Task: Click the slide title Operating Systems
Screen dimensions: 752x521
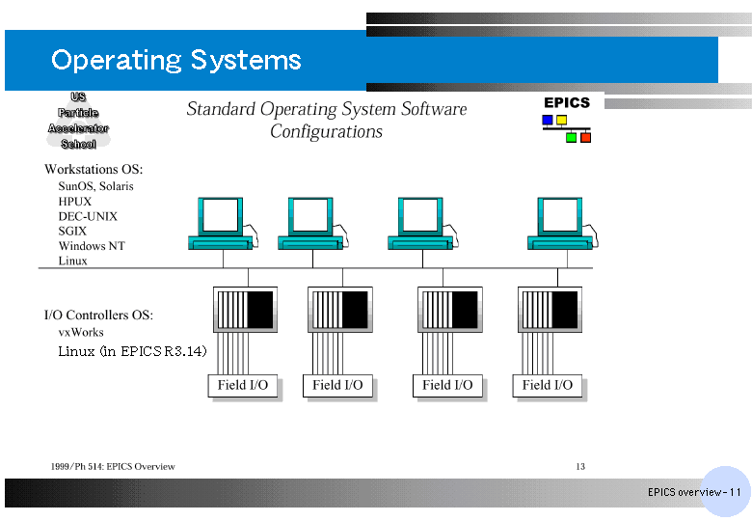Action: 176,61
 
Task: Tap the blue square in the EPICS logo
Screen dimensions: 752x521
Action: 548,120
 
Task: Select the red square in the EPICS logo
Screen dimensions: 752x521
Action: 585,138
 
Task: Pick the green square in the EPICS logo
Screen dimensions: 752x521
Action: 571,138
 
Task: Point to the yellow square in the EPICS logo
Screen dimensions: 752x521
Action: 561,120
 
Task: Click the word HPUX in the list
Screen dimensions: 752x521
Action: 75,202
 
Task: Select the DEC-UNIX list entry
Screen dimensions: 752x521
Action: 88,216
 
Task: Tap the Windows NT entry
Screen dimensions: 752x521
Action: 92,246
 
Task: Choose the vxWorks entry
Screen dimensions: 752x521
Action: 81,332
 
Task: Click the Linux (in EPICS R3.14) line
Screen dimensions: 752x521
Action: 132,351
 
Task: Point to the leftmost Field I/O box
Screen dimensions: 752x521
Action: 243,386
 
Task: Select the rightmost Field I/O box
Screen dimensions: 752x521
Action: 548,386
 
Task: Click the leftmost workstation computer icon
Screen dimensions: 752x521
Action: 223,223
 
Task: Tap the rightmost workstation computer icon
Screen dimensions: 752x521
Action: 562,223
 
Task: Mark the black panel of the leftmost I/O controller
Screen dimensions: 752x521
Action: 260,310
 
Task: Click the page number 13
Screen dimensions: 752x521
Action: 580,466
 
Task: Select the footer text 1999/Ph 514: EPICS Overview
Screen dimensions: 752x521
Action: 113,466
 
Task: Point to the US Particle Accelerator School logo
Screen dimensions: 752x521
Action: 78,121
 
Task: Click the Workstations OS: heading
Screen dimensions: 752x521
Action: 94,170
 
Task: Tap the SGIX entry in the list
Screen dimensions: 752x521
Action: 72,232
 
